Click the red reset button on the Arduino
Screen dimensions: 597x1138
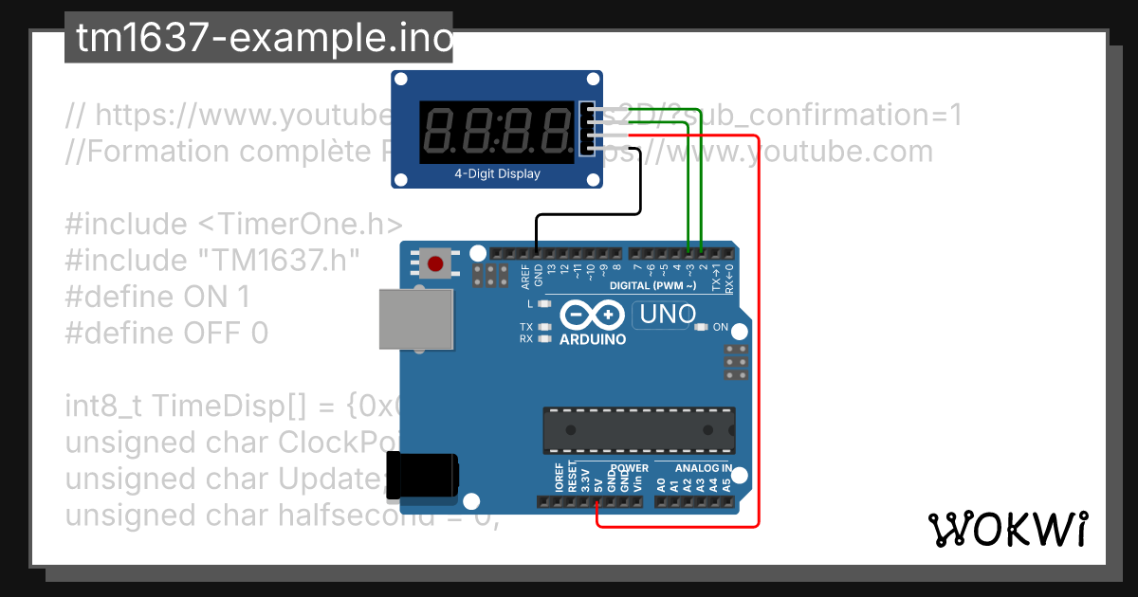tap(436, 262)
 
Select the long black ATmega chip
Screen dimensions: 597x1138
tap(639, 430)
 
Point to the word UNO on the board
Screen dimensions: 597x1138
tap(668, 314)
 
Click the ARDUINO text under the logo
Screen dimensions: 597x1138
tap(593, 339)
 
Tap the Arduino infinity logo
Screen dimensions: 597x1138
tap(592, 314)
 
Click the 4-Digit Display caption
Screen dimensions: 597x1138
tap(498, 173)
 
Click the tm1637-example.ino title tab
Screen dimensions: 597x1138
tap(259, 39)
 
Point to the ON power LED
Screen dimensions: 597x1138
tap(702, 327)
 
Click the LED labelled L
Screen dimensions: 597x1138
tap(544, 304)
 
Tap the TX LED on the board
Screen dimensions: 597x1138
tap(544, 327)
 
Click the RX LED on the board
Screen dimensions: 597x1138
tap(544, 338)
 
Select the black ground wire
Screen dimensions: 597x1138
tap(588, 216)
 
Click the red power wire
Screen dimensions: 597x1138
tap(759, 332)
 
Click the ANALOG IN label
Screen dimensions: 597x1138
tap(703, 468)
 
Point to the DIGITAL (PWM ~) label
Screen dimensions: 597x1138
tap(653, 285)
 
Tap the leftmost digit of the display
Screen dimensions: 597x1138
tap(440, 132)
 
